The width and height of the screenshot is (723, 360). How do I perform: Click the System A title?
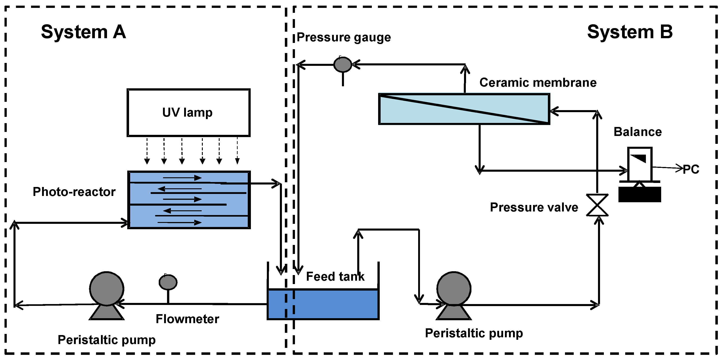pyautogui.click(x=83, y=32)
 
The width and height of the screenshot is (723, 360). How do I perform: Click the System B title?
pyautogui.click(x=630, y=32)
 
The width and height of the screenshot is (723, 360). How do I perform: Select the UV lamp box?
pyautogui.click(x=188, y=113)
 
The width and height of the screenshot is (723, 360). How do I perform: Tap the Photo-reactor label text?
pyautogui.click(x=74, y=192)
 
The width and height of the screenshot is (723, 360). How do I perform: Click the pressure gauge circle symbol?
pyautogui.click(x=343, y=64)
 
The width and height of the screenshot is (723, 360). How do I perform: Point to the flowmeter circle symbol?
pyautogui.click(x=168, y=282)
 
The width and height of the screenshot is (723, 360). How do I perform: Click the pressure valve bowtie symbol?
pyautogui.click(x=597, y=205)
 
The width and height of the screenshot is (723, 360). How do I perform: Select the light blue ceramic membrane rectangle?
pyautogui.click(x=464, y=109)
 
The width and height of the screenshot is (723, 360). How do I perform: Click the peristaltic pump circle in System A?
pyautogui.click(x=107, y=289)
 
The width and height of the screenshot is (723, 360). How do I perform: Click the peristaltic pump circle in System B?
pyautogui.click(x=453, y=289)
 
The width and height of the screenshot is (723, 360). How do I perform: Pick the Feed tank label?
pyautogui.click(x=335, y=277)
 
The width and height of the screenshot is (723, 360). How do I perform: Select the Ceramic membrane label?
pyautogui.click(x=538, y=83)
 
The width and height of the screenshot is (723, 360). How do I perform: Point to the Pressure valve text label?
pyautogui.click(x=534, y=207)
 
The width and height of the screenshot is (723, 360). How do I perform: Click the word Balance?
pyautogui.click(x=638, y=132)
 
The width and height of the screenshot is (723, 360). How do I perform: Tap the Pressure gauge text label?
pyautogui.click(x=344, y=37)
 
